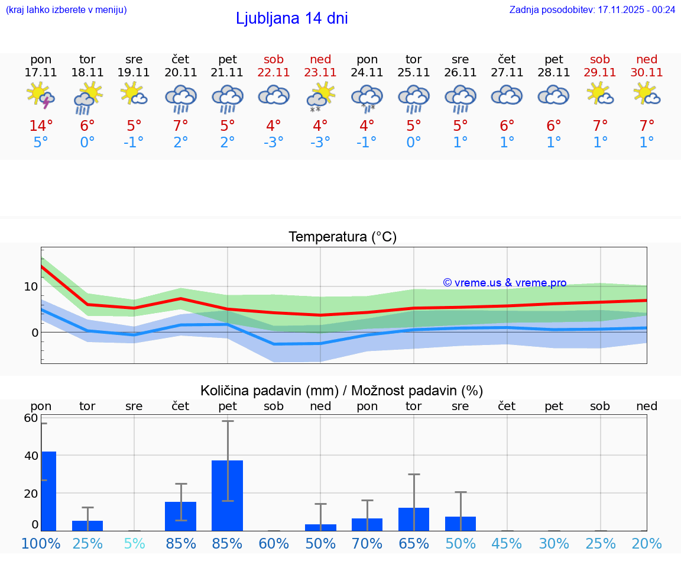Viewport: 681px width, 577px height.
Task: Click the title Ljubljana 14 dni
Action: [291, 18]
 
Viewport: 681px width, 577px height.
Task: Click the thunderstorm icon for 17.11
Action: [41, 96]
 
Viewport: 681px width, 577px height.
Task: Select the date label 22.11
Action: [274, 73]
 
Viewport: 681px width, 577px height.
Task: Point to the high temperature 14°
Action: [41, 126]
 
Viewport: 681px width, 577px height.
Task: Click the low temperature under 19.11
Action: [134, 143]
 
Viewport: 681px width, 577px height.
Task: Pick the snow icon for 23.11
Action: [320, 97]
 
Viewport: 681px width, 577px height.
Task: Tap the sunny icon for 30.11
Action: [647, 94]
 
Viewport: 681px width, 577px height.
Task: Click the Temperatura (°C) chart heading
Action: [342, 237]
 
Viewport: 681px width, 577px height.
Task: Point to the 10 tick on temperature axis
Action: [31, 286]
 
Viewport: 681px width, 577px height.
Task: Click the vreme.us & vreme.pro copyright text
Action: [504, 283]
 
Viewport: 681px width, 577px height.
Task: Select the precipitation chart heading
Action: [342, 391]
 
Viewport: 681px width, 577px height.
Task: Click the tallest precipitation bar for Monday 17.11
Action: [48, 491]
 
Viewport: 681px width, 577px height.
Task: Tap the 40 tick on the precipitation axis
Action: [31, 456]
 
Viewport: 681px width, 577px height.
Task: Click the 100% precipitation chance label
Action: [41, 543]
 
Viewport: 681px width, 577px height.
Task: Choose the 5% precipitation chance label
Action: [134, 543]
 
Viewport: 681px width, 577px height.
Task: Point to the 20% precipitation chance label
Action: [647, 543]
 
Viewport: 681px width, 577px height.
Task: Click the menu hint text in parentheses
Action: [66, 9]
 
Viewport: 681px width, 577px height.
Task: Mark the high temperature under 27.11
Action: [507, 126]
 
